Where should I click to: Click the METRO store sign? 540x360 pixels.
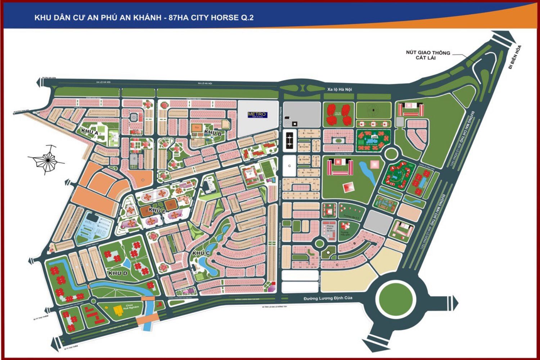pyautogui.click(x=257, y=114)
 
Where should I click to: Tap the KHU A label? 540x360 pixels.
pyautogui.click(x=90, y=132)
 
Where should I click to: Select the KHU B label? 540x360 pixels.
pyautogui.click(x=212, y=132)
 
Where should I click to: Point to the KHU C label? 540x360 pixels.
pyautogui.click(x=201, y=253)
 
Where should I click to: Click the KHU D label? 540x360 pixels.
pyautogui.click(x=118, y=273)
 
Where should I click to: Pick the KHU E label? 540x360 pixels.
pyautogui.click(x=157, y=210)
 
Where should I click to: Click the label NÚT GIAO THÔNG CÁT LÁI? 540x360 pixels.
pyautogui.click(x=428, y=55)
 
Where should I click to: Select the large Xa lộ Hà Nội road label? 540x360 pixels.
pyautogui.click(x=339, y=89)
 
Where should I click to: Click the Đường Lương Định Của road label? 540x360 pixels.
pyautogui.click(x=328, y=298)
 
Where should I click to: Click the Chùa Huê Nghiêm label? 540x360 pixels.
pyautogui.click(x=130, y=307)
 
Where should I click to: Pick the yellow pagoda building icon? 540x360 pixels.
pyautogui.click(x=118, y=310)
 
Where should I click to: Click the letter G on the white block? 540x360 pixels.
pyautogui.click(x=289, y=166)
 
